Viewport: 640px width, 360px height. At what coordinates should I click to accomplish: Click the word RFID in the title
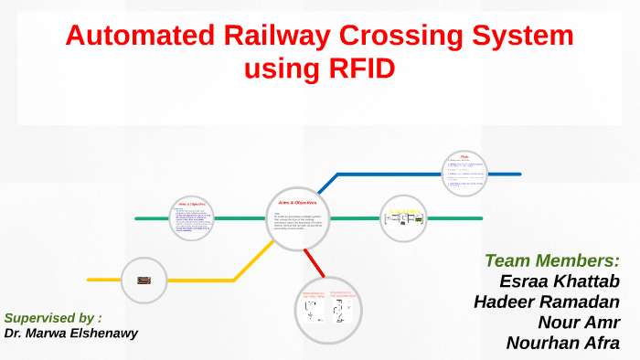pyautogui.click(x=358, y=69)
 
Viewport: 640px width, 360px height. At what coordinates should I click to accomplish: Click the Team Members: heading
pyautogui.click(x=551, y=260)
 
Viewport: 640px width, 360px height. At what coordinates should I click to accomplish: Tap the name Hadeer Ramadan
pyautogui.click(x=547, y=302)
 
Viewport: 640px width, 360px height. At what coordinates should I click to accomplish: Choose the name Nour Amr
pyautogui.click(x=579, y=322)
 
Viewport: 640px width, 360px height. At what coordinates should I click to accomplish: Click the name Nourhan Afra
pyautogui.click(x=562, y=343)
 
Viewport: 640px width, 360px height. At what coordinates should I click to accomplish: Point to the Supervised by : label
pyautogui.click(x=52, y=318)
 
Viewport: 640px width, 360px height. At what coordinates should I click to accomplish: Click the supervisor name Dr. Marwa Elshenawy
pyautogui.click(x=70, y=334)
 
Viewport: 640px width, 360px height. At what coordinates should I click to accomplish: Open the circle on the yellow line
pyautogui.click(x=143, y=279)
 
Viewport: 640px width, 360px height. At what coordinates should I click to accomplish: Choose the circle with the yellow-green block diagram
pyautogui.click(x=403, y=218)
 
